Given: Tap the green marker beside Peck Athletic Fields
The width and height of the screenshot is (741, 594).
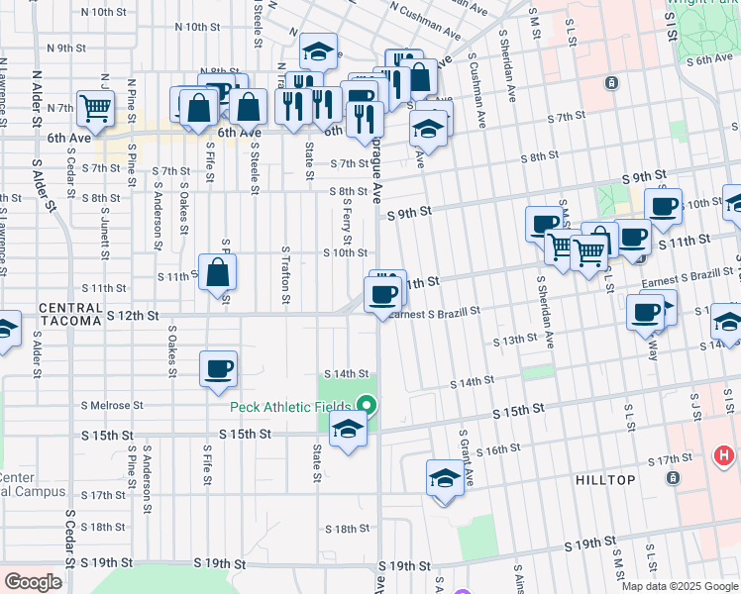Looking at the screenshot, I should (x=367, y=405).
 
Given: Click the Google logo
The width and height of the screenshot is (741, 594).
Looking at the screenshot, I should (x=33, y=581).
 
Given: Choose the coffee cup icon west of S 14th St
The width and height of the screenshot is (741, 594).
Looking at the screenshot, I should (x=218, y=368).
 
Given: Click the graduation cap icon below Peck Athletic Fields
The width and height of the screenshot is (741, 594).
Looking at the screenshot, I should (x=348, y=430).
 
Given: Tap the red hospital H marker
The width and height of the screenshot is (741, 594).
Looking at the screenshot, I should (x=725, y=457).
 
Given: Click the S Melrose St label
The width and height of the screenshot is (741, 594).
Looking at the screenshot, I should (x=112, y=405).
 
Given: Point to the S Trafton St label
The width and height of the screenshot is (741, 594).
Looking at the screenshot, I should (x=285, y=275).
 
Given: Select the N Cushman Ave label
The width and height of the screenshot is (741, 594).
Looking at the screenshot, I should (x=427, y=14).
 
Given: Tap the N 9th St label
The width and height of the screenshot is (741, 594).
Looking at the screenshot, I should (x=67, y=48).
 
